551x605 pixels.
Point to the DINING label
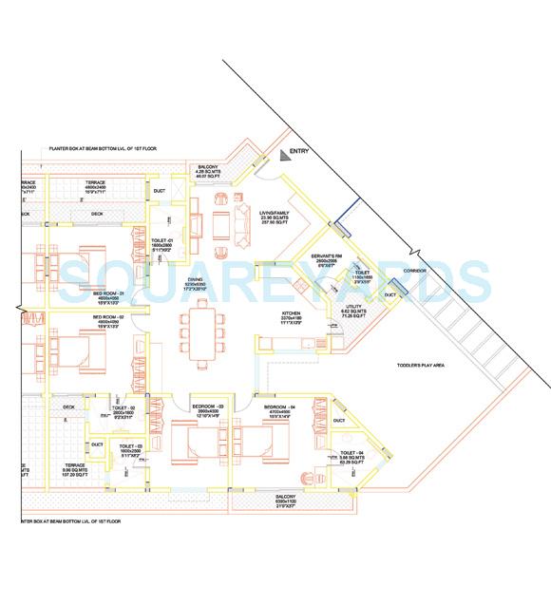195,279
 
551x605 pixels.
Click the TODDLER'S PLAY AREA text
421,366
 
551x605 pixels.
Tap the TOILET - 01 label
161,239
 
